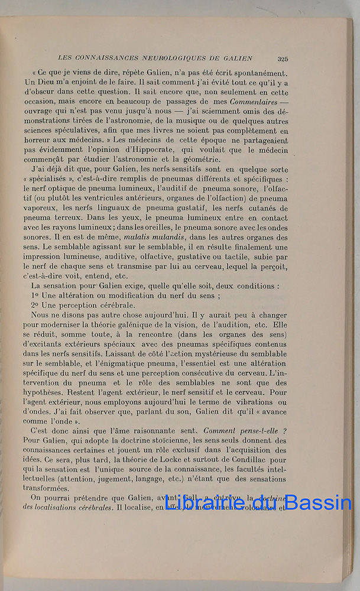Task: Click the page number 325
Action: click(283, 59)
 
